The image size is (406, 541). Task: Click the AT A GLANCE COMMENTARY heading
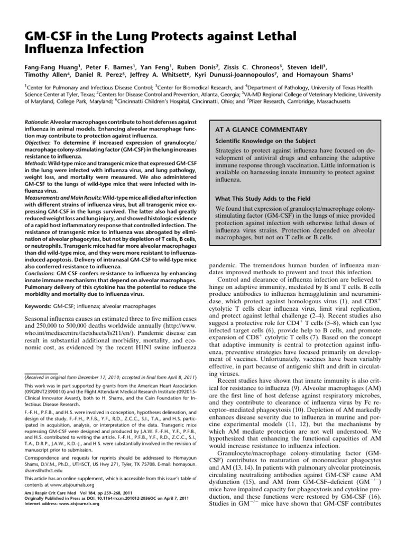pos(261,129)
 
